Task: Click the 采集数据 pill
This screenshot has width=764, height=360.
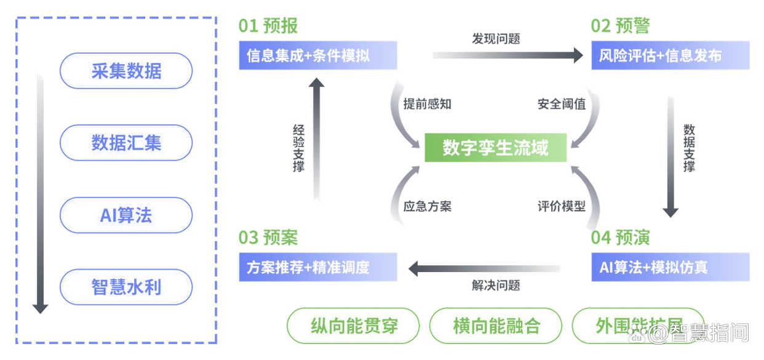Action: click(125, 71)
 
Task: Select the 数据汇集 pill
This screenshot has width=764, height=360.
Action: click(125, 143)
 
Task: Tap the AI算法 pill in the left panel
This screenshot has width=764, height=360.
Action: click(125, 215)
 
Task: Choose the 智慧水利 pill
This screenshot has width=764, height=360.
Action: click(125, 287)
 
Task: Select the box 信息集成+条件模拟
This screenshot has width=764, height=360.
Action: click(317, 56)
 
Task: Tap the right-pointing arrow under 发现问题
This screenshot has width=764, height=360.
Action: click(507, 55)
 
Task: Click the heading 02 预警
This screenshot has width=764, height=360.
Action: click(620, 26)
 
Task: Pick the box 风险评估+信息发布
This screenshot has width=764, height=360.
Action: click(670, 56)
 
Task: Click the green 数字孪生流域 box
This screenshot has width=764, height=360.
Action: click(496, 148)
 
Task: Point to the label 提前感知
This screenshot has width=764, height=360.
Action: click(427, 103)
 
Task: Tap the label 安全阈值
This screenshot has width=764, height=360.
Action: click(562, 103)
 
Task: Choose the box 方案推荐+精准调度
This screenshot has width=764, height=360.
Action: click(317, 267)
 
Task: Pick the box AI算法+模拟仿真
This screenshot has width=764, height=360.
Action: click(670, 267)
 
